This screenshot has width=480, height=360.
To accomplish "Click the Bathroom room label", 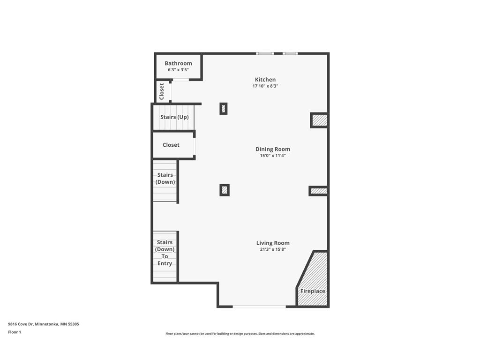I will tap(178, 63).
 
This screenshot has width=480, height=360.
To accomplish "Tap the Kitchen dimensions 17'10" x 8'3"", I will tap(265, 86).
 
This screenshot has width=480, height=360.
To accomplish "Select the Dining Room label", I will tap(273, 149).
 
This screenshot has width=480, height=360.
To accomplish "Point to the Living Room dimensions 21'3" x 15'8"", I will tap(273, 249).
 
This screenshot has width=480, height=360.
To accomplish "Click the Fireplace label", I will tap(313, 291).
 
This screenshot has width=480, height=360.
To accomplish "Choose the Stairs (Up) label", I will tap(174, 117).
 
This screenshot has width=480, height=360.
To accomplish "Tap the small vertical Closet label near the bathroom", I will tap(162, 91).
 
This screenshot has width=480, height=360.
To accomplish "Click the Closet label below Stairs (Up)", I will tap(171, 145).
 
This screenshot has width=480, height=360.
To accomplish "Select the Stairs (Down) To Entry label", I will tap(165, 253).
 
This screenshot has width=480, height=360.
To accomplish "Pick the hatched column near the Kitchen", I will tap(224, 109).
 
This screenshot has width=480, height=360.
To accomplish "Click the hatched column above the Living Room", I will tap(225, 190).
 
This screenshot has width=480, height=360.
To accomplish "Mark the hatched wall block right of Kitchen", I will tap(319, 120).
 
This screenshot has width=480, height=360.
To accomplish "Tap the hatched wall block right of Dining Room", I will tap(319, 191).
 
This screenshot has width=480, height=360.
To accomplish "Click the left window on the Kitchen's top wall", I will tap(265, 53).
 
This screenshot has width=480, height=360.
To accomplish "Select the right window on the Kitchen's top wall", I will tap(290, 53).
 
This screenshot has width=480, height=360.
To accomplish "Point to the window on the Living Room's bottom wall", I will tap(259, 307).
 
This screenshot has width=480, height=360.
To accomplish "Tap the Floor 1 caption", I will tap(15, 332).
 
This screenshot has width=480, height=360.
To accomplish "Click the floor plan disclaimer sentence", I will tap(240, 334).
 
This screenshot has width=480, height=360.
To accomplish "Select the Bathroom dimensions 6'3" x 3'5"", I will tap(178, 69).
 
